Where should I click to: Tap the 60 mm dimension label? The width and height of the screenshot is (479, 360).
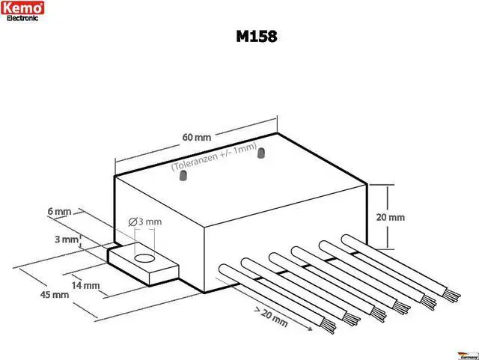click(197, 138)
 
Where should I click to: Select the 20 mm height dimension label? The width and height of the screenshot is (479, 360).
click(391, 217)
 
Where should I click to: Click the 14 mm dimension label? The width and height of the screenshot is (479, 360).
click(87, 285)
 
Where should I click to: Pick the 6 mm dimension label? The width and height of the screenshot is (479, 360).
click(58, 212)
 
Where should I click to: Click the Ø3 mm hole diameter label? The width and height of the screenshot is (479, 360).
click(144, 222)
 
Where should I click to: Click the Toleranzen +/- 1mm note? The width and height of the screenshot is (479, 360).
click(214, 156)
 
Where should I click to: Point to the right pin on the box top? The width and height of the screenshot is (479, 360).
click(262, 156)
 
